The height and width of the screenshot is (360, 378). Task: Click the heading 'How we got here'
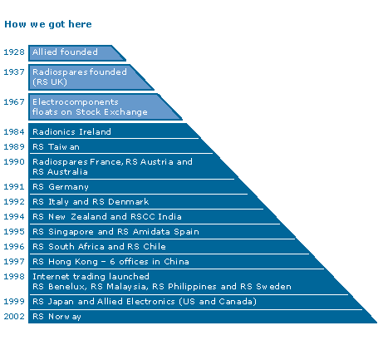tap(48, 24)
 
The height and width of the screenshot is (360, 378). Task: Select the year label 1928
tap(14, 52)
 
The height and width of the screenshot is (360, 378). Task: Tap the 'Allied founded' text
tap(65, 52)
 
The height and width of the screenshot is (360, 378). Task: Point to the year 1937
tap(14, 72)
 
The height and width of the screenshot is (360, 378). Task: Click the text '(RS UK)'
tap(50, 82)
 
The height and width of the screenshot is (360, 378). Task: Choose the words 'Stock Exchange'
tap(111, 112)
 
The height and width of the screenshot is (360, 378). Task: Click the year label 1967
tap(14, 101)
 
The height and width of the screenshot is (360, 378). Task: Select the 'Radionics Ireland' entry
tap(71, 131)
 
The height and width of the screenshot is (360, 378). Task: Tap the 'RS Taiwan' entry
tap(56, 146)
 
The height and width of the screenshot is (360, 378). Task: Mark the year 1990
tap(14, 161)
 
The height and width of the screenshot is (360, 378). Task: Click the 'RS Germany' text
tap(61, 187)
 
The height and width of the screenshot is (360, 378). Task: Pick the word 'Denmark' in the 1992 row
tap(129, 201)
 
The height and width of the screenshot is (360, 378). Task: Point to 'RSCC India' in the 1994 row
tap(156, 216)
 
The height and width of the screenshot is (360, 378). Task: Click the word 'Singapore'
tap(71, 232)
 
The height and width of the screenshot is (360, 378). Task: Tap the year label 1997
tap(14, 261)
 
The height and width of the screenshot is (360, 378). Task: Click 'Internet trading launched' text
tap(91, 277)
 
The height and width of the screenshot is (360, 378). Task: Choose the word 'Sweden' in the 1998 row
tap(273, 286)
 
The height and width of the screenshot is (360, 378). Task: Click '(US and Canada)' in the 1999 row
tap(218, 302)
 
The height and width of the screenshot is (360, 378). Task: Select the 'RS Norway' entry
tap(56, 317)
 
